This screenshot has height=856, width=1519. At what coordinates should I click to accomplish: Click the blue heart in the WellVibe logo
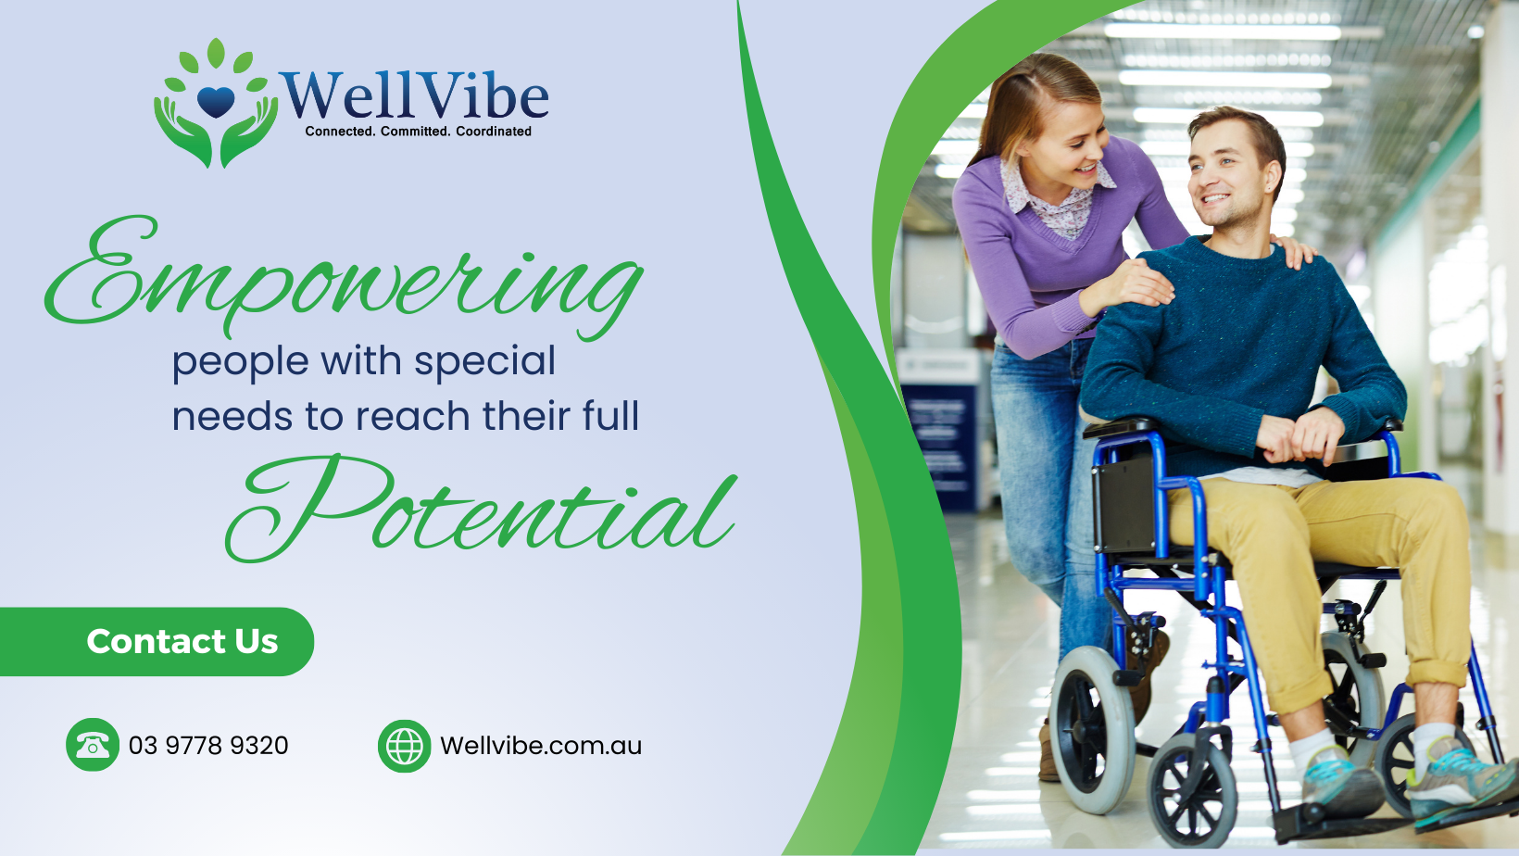[216, 102]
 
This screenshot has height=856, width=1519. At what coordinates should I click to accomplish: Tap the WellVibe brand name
[414, 95]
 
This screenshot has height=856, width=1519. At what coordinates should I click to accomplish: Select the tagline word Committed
[415, 131]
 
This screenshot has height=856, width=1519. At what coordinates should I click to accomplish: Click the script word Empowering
[344, 278]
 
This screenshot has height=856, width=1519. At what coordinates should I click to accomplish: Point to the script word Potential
[481, 508]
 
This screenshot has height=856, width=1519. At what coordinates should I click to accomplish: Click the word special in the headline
[484, 361]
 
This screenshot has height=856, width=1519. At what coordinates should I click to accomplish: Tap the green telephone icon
[93, 745]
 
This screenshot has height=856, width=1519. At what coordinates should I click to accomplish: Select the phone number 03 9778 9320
[208, 746]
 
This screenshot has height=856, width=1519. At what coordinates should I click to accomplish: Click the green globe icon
[404, 746]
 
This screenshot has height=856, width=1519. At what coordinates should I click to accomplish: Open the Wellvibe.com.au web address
[541, 746]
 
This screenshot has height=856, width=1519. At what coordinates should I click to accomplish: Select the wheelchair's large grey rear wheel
[1092, 729]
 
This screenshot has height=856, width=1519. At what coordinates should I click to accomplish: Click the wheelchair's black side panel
[1124, 505]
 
